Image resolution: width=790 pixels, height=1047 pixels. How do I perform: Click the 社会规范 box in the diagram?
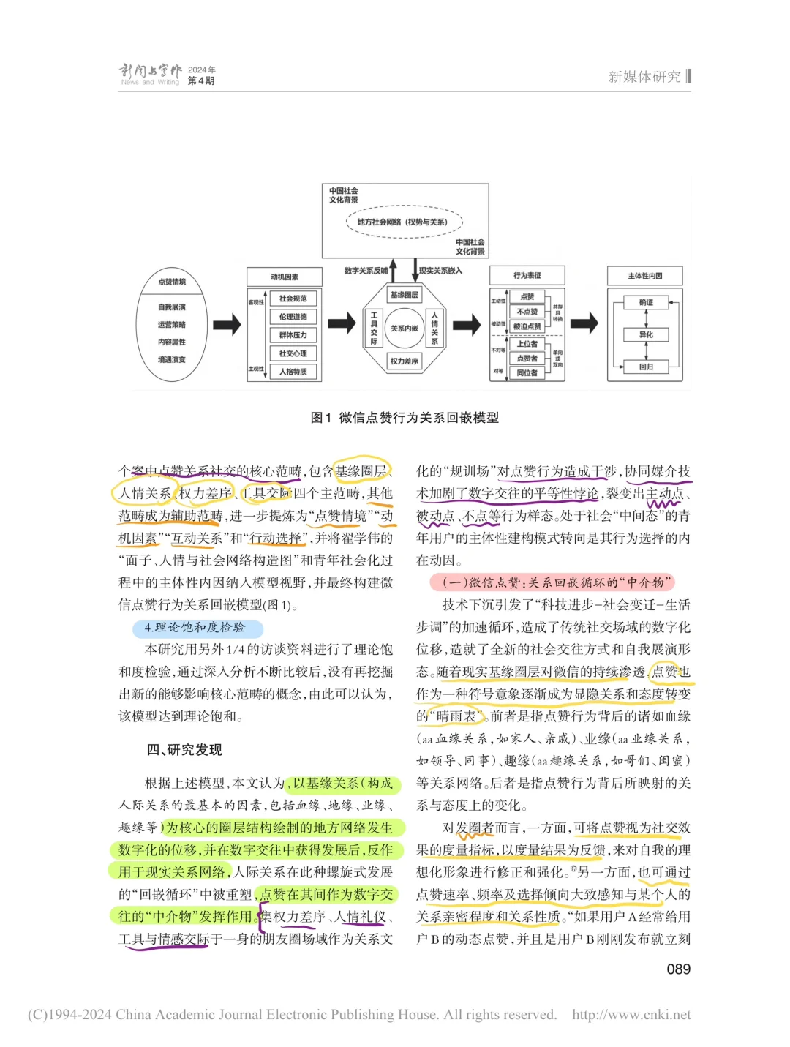(293, 299)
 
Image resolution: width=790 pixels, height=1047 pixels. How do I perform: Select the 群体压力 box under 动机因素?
(293, 335)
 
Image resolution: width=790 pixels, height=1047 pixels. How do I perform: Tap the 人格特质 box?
(293, 372)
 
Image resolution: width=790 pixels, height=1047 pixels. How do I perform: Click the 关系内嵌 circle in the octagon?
(405, 329)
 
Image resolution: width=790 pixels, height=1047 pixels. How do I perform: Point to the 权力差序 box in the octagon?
(405, 361)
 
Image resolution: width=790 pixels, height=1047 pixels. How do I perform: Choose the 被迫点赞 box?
(527, 326)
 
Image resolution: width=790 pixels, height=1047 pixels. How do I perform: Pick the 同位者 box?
(527, 373)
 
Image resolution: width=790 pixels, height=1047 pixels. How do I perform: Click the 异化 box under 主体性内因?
(646, 334)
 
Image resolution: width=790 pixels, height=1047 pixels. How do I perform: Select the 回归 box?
(646, 367)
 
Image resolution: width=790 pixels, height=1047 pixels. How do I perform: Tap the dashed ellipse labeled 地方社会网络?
(405, 222)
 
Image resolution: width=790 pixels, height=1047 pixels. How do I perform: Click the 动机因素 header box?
(285, 277)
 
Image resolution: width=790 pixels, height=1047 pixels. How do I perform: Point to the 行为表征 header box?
(527, 276)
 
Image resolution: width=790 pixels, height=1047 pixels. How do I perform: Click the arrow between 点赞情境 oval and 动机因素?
(227, 324)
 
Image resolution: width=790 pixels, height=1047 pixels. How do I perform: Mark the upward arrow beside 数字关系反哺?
(394, 270)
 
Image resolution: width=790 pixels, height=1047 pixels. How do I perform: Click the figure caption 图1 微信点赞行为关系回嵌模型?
(405, 418)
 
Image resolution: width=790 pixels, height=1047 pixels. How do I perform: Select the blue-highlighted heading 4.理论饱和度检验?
(195, 628)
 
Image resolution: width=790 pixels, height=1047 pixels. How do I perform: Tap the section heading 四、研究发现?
(184, 750)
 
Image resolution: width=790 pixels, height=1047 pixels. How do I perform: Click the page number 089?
(678, 969)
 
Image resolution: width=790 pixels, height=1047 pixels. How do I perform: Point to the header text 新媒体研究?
(644, 77)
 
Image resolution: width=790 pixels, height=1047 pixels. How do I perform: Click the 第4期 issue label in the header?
(201, 81)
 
